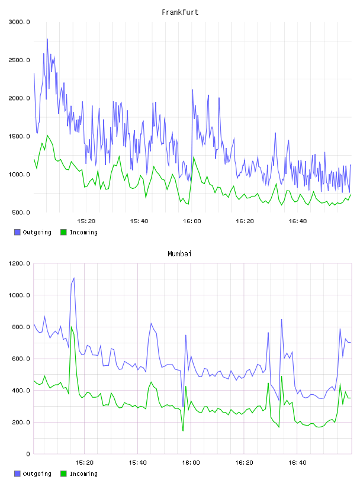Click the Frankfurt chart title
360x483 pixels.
pyautogui.click(x=180, y=12)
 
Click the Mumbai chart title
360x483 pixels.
pyautogui.click(x=179, y=254)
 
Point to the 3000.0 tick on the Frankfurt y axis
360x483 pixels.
pyautogui.click(x=19, y=22)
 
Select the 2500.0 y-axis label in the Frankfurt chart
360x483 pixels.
pyautogui.click(x=19, y=60)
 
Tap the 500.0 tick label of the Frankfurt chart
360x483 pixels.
pyautogui.click(x=21, y=212)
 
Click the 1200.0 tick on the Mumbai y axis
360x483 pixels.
pyautogui.click(x=19, y=263)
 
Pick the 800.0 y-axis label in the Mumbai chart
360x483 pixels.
pyautogui.click(x=21, y=327)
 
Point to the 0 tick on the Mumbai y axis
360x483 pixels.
pyautogui.click(x=28, y=454)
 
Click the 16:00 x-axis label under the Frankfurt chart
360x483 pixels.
pyautogui.click(x=192, y=221)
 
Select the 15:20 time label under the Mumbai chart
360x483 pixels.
pyautogui.click(x=84, y=463)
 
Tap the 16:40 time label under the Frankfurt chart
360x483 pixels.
pyautogui.click(x=298, y=221)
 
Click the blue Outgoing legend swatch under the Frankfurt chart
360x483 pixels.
pyautogui.click(x=17, y=232)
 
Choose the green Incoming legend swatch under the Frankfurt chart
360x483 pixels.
pyautogui.click(x=63, y=232)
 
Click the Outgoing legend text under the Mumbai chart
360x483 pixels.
pyautogui.click(x=37, y=474)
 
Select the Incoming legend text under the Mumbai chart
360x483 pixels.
pyautogui.click(x=83, y=474)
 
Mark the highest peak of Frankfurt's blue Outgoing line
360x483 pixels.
pyautogui.click(x=47, y=39)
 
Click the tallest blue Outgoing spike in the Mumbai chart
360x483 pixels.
pyautogui.click(x=74, y=278)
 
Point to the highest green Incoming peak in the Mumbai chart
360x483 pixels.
pyautogui.click(x=71, y=327)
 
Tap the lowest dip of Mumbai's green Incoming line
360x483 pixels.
pyautogui.click(x=183, y=430)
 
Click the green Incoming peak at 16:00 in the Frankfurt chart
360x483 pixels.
pyautogui.click(x=194, y=157)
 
